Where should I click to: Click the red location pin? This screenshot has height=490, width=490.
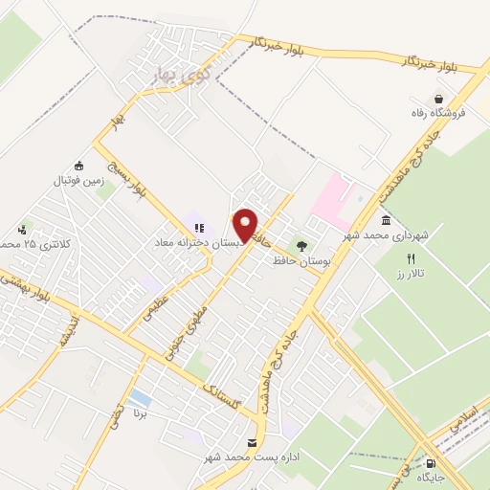click(246, 225)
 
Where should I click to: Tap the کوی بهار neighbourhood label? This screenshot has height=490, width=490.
click(182, 73)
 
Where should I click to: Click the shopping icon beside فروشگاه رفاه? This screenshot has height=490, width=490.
click(439, 98)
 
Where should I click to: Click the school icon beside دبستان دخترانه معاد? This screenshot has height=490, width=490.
click(199, 228)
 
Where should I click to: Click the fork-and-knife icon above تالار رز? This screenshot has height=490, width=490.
click(412, 258)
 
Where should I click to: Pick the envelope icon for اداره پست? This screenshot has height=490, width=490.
click(252, 442)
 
